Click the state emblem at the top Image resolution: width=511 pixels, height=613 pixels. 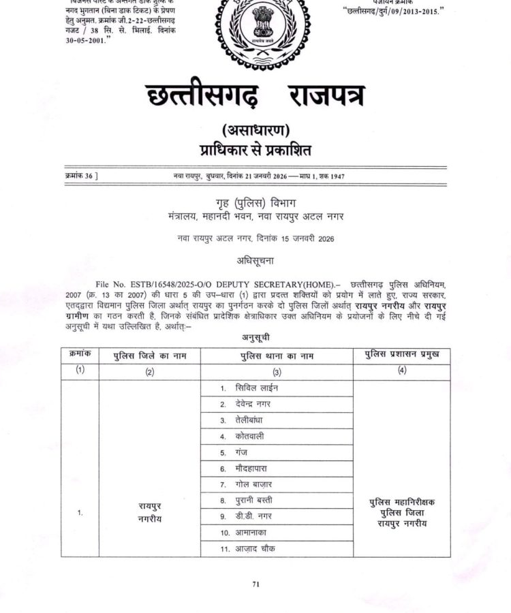coord(256,29)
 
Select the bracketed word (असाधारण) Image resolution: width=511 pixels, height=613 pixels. coord(255,130)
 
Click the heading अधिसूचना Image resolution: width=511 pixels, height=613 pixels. coord(255,260)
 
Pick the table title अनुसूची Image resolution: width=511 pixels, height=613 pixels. coord(255,337)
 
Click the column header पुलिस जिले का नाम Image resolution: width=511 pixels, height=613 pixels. coord(149,356)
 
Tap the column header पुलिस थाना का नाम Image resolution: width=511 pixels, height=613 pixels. coord(277,356)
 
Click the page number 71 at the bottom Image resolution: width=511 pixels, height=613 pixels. coord(256,584)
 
